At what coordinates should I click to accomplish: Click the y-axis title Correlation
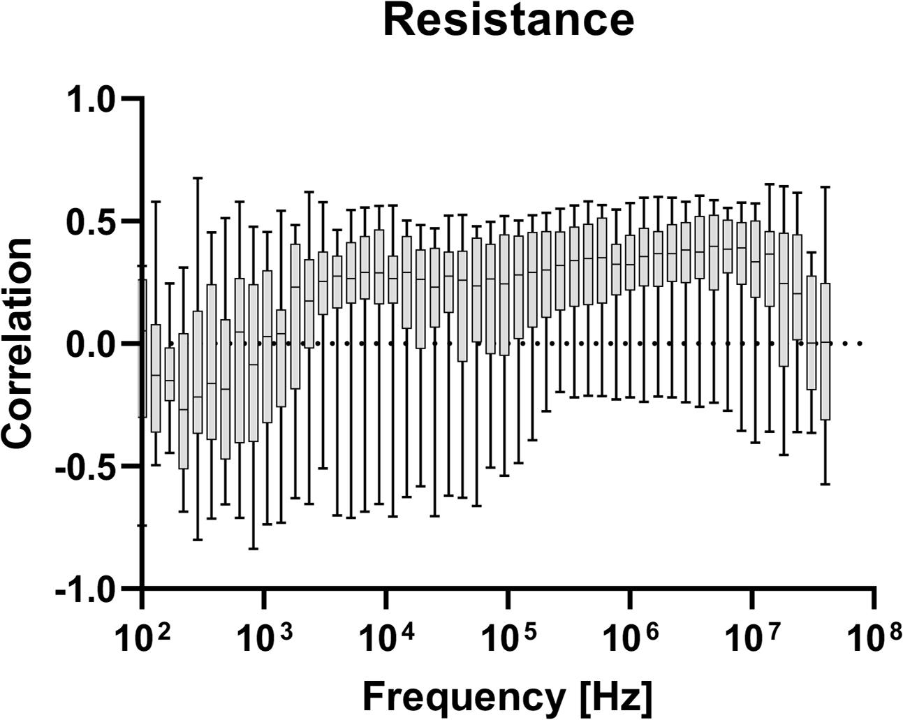click(x=18, y=343)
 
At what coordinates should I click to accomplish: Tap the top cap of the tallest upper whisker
click(x=198, y=178)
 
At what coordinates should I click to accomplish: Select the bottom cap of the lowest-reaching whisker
click(x=253, y=549)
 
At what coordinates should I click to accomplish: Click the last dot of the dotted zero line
click(x=860, y=344)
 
